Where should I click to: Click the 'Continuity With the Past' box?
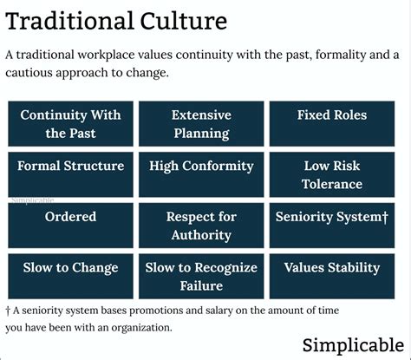70,124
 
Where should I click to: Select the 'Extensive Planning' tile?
201,124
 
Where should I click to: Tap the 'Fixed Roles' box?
332,124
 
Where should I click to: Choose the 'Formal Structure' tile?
70,174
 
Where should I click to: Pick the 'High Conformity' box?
201,174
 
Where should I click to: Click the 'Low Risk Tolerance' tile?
332,174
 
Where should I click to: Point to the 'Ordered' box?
70,226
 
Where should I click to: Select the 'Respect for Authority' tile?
201,226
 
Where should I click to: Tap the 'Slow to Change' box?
70,277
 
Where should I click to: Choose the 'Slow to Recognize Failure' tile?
201,277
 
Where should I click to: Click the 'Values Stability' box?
332,277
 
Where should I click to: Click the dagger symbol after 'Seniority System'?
385,217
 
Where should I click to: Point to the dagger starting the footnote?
8,311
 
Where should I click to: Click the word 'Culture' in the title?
184,21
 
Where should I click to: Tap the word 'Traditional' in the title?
69,21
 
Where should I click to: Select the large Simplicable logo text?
353,345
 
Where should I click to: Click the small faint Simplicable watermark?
33,200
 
